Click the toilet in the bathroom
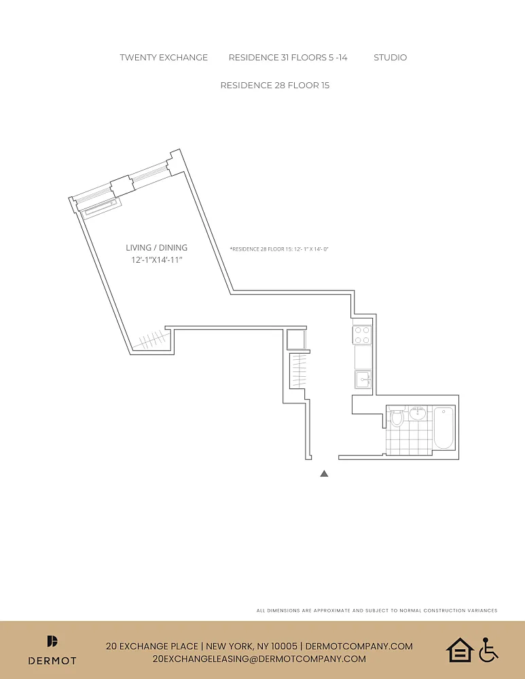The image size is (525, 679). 397,416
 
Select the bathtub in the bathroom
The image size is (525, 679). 444,428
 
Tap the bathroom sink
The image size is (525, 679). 418,413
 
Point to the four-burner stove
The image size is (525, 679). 362,335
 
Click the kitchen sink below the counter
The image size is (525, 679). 363,380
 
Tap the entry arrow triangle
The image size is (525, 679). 324,474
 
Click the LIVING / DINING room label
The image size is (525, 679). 156,248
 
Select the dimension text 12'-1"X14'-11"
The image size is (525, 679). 157,260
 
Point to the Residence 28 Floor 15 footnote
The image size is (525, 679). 279,249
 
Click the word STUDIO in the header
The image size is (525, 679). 391,58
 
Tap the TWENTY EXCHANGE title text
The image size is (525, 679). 164,58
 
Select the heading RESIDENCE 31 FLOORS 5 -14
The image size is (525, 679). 288,58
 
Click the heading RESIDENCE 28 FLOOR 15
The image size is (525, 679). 275,86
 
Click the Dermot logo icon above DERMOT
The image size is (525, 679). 52,641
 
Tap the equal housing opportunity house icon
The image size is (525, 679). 460,650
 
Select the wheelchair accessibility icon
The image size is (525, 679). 488,650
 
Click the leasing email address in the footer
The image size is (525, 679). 259,659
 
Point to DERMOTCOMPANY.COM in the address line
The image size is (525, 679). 359,646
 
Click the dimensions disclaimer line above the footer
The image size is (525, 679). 377,610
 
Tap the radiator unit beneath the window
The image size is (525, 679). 102,207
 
